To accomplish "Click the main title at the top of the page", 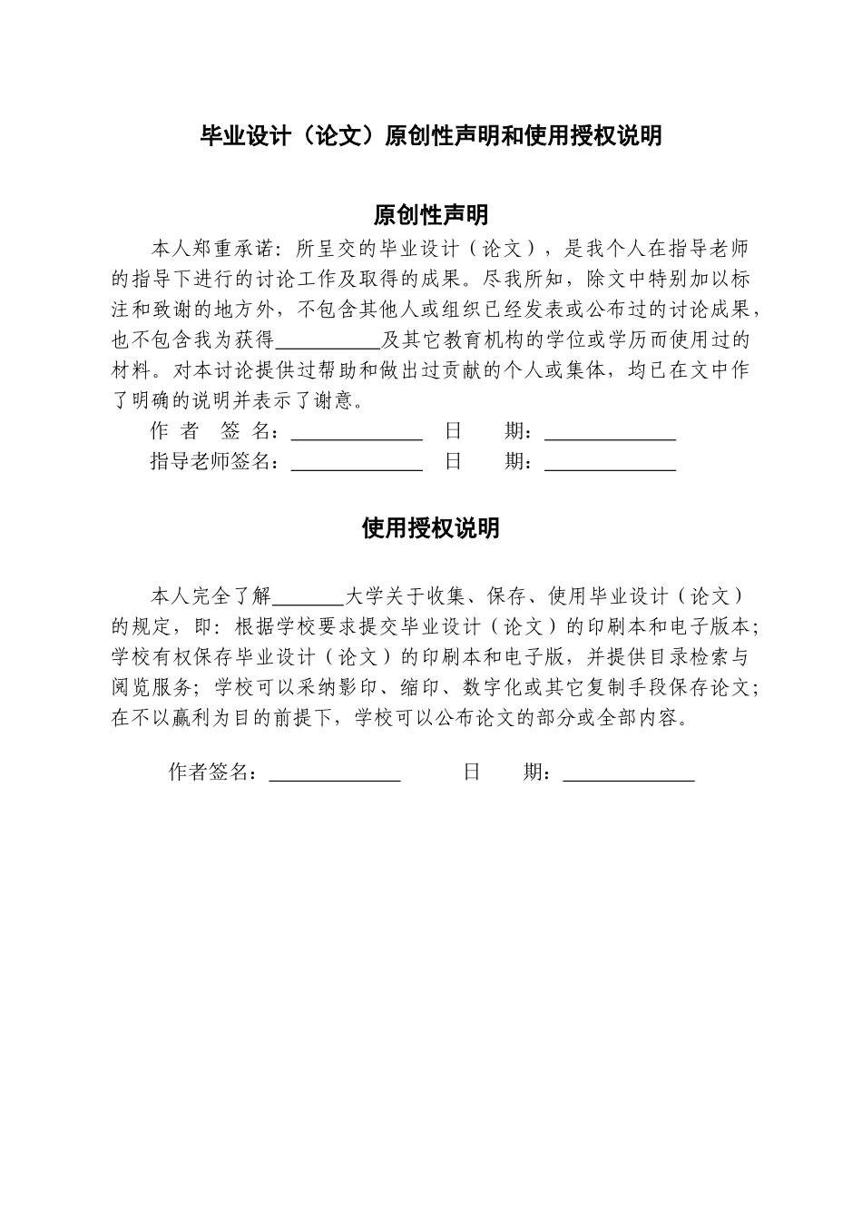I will point(430,136).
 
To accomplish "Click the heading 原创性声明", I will point(430,215).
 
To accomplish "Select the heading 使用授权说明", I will point(430,528).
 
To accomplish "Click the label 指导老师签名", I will point(212,462).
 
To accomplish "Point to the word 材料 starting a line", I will point(131,370).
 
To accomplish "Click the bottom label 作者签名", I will point(208,772).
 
